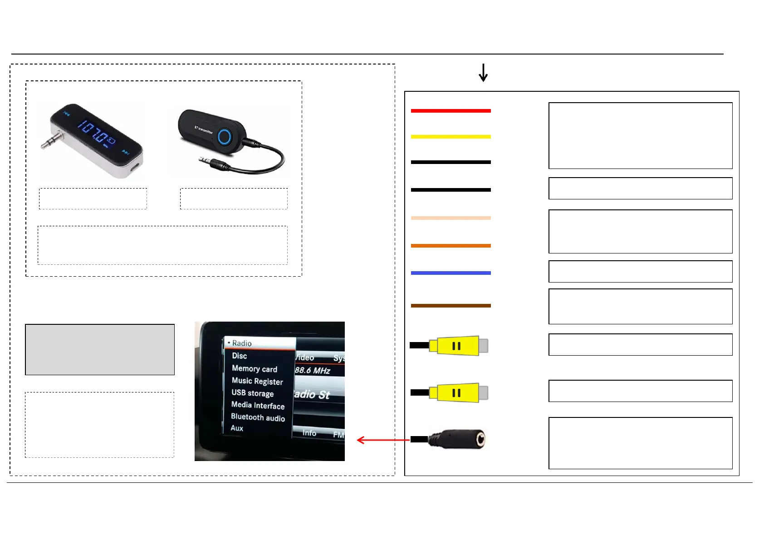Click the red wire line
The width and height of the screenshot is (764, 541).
click(x=451, y=110)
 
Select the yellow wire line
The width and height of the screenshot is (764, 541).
click(x=451, y=136)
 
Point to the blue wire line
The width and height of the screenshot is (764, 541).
click(x=451, y=273)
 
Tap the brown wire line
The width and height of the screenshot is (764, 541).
click(x=451, y=306)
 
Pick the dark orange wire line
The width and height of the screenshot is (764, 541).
click(x=451, y=246)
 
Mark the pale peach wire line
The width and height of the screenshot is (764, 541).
click(x=451, y=218)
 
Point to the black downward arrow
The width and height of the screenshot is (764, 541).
click(x=483, y=73)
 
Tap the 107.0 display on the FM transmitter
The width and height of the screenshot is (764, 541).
click(x=96, y=131)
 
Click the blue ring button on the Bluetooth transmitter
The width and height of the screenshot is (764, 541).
click(x=225, y=136)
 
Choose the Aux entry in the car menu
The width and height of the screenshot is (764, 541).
click(x=237, y=428)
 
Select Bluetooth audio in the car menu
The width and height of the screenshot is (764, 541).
click(x=258, y=417)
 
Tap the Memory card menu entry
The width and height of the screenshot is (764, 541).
click(x=254, y=368)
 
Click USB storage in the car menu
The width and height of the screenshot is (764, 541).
click(x=252, y=393)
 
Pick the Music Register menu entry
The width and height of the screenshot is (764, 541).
click(x=257, y=381)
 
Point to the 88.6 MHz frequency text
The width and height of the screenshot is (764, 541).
click(x=312, y=370)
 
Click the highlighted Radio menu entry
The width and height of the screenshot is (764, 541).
click(x=242, y=343)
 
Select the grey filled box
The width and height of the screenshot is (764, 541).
click(x=100, y=349)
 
